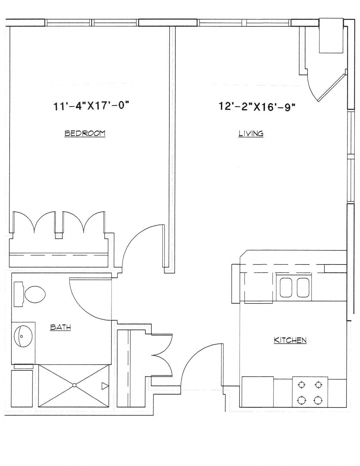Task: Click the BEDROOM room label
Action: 85,134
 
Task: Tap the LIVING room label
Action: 251,134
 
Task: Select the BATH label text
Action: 61,327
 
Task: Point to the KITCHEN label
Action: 290,340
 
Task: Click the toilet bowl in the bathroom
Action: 35,294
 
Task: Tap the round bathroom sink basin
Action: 23,336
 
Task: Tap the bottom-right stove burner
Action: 318,400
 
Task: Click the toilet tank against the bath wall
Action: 18,294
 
